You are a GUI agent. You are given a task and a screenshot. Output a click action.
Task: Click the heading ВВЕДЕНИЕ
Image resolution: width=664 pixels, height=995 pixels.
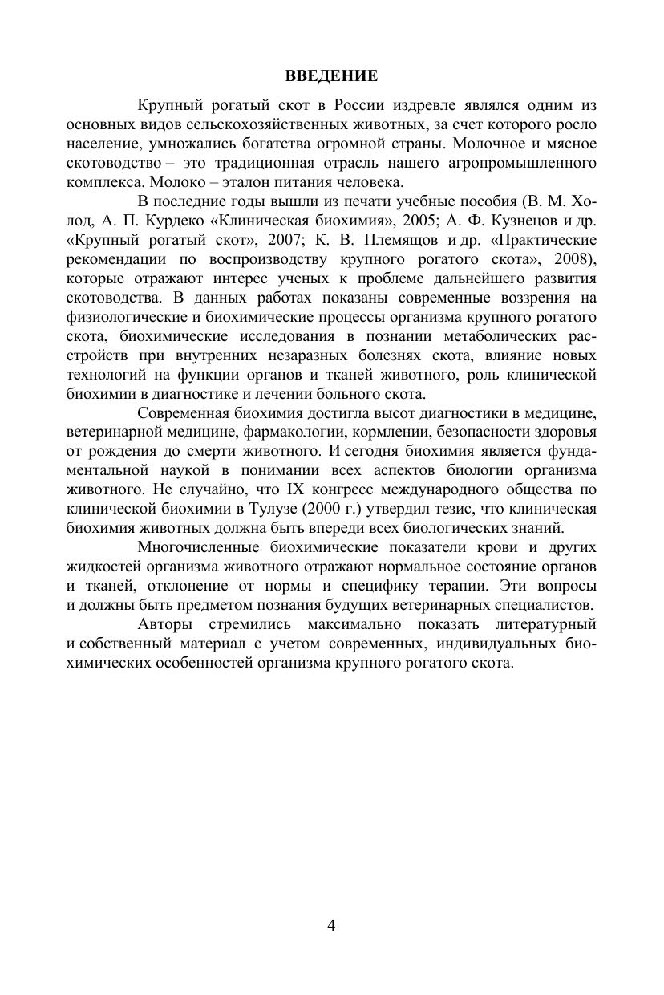point(331,77)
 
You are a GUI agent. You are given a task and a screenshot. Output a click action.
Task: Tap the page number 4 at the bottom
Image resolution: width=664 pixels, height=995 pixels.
point(331,925)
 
